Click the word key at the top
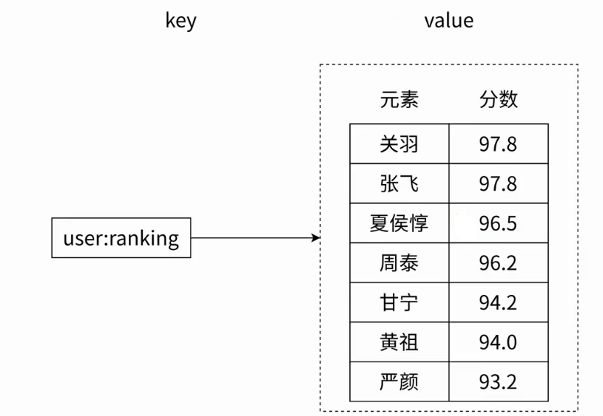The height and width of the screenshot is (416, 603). (x=180, y=21)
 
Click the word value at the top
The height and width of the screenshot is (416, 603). (x=449, y=20)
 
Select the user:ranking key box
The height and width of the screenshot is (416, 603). (x=121, y=238)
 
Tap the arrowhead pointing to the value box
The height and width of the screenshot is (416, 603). (x=316, y=238)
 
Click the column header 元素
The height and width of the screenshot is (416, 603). (x=399, y=99)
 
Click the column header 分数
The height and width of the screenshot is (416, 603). (x=499, y=99)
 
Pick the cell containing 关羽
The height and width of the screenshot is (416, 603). (x=399, y=143)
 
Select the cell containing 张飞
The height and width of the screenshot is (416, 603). (x=399, y=183)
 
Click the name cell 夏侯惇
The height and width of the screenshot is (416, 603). (x=399, y=223)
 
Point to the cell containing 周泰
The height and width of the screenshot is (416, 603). (x=399, y=263)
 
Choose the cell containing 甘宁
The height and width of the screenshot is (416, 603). (x=399, y=303)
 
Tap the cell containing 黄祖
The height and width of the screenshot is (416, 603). (x=399, y=342)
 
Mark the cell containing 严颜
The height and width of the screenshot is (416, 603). (x=399, y=382)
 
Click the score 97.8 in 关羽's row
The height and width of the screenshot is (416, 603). (x=498, y=144)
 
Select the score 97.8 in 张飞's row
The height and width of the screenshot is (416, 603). (x=498, y=184)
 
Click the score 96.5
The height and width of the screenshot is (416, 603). (x=498, y=223)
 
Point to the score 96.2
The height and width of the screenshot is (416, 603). (x=498, y=263)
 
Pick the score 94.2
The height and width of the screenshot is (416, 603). (x=498, y=303)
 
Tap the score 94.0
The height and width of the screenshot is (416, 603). (x=498, y=343)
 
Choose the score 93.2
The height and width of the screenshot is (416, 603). (x=498, y=382)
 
